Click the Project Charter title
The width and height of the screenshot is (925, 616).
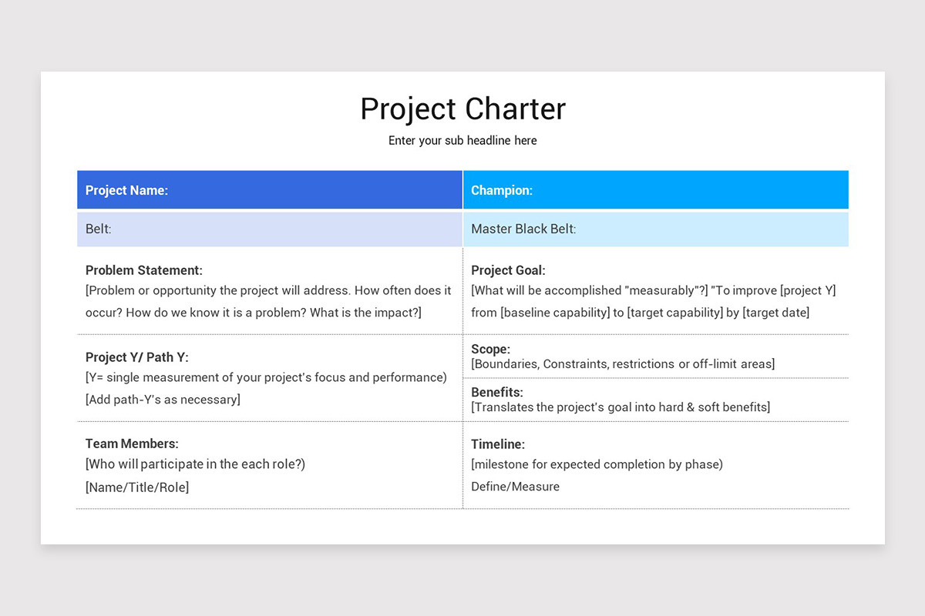tap(462, 109)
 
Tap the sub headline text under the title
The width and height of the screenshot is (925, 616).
tap(462, 141)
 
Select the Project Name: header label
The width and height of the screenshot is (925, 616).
tap(126, 190)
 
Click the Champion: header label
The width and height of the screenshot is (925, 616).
tap(502, 190)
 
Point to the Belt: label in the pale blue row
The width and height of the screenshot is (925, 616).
tap(99, 229)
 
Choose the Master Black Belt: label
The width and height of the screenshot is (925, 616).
tap(523, 229)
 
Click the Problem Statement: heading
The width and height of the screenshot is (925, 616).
tap(144, 270)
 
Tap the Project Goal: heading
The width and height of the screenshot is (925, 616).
tap(508, 270)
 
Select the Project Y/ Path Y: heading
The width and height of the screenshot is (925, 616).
tap(136, 357)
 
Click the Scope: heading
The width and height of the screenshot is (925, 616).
tap(490, 350)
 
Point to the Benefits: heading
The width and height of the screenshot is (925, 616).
tap(497, 393)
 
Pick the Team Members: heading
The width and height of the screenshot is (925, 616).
tap(132, 444)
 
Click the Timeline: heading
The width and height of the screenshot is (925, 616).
tap(498, 444)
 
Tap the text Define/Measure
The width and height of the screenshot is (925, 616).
tap(515, 487)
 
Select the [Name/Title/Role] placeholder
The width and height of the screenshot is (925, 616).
tap(137, 487)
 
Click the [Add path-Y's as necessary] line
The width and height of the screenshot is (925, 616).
tap(163, 399)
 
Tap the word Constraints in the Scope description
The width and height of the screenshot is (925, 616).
tap(576, 363)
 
